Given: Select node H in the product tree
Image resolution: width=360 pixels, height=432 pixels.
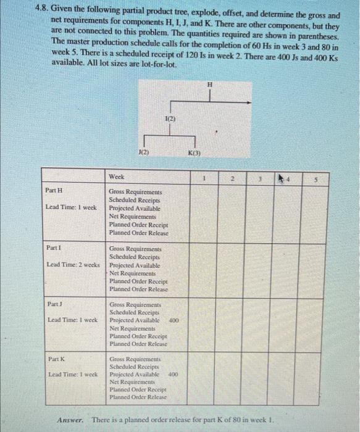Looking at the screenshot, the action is [209, 85].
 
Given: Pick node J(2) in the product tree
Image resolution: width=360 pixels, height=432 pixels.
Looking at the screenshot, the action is [143, 151].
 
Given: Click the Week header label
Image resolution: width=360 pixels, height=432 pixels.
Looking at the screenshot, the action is [117, 177].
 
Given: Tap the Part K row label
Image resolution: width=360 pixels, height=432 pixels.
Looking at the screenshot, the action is [57, 359].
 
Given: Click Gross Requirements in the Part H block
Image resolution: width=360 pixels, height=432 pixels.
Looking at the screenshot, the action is [135, 193].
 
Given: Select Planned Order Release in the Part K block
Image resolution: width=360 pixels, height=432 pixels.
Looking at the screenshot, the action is [138, 397].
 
